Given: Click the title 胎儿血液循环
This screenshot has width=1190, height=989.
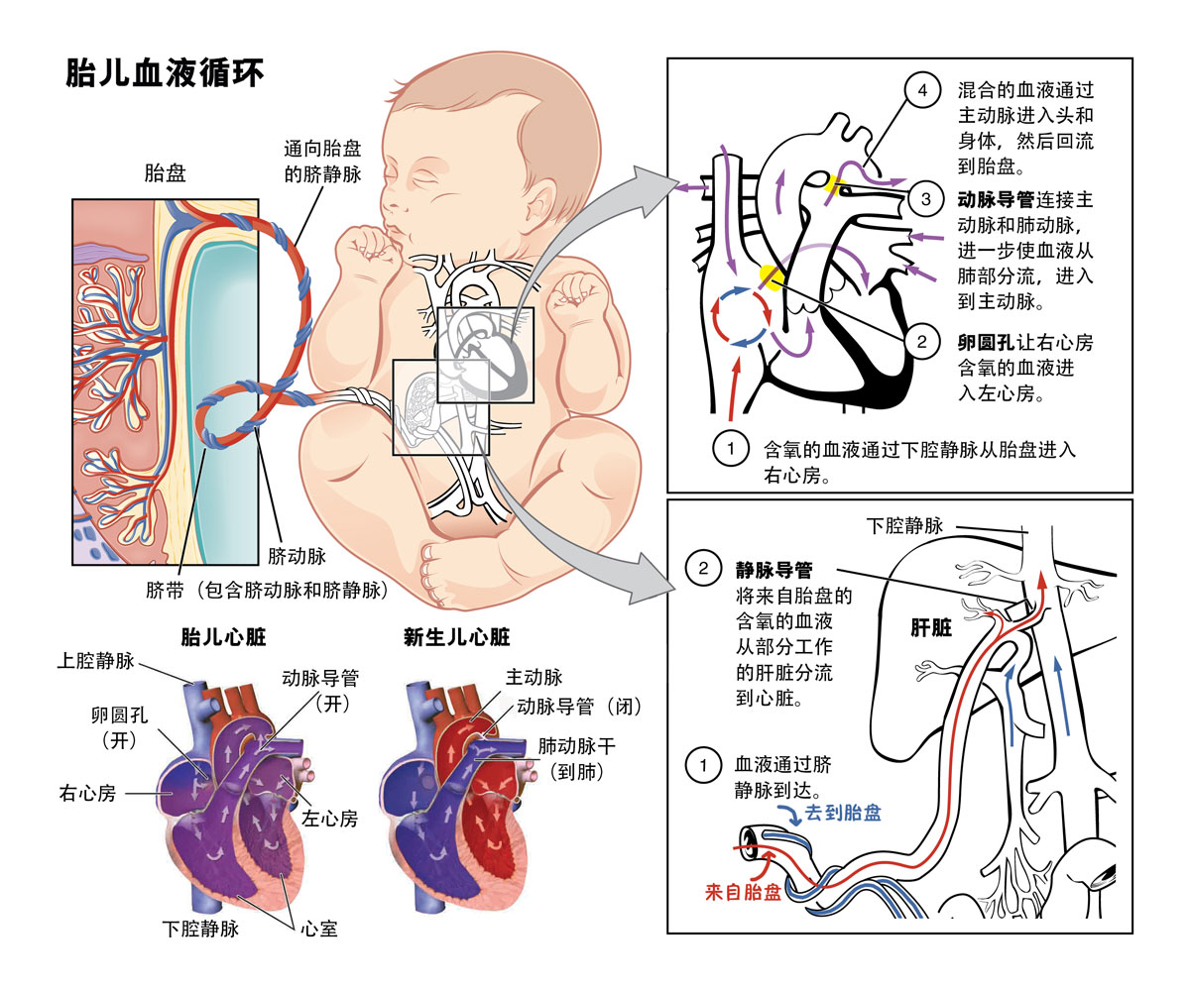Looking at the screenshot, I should click(x=165, y=72).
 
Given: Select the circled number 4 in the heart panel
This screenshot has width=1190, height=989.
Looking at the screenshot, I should click(x=922, y=91).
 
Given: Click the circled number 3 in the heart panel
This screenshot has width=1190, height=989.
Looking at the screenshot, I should click(x=924, y=199).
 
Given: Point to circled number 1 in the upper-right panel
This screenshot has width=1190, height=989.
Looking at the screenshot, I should click(x=730, y=449).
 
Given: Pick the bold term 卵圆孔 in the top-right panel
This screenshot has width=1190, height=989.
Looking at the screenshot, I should click(x=986, y=342).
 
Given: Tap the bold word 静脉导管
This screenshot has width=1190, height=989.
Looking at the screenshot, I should click(x=773, y=570).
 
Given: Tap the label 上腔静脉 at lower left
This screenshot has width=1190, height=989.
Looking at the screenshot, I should click(x=95, y=661).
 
